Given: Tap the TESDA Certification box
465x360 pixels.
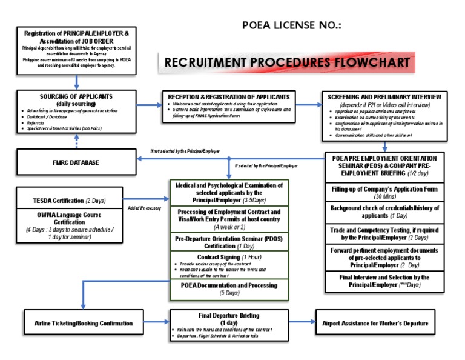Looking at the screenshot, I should point(76,200).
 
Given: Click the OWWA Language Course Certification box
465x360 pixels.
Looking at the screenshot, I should point(76,225).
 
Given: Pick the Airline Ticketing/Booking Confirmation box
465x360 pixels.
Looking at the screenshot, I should point(79,323).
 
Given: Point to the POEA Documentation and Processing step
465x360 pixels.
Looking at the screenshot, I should point(229,288).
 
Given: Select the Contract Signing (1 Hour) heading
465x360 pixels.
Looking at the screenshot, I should point(229,257).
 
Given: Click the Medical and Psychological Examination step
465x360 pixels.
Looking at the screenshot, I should point(229,192).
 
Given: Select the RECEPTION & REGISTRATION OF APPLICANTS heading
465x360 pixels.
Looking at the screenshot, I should point(229,97).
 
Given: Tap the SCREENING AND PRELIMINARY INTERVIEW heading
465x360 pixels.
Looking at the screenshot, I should point(384,98).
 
